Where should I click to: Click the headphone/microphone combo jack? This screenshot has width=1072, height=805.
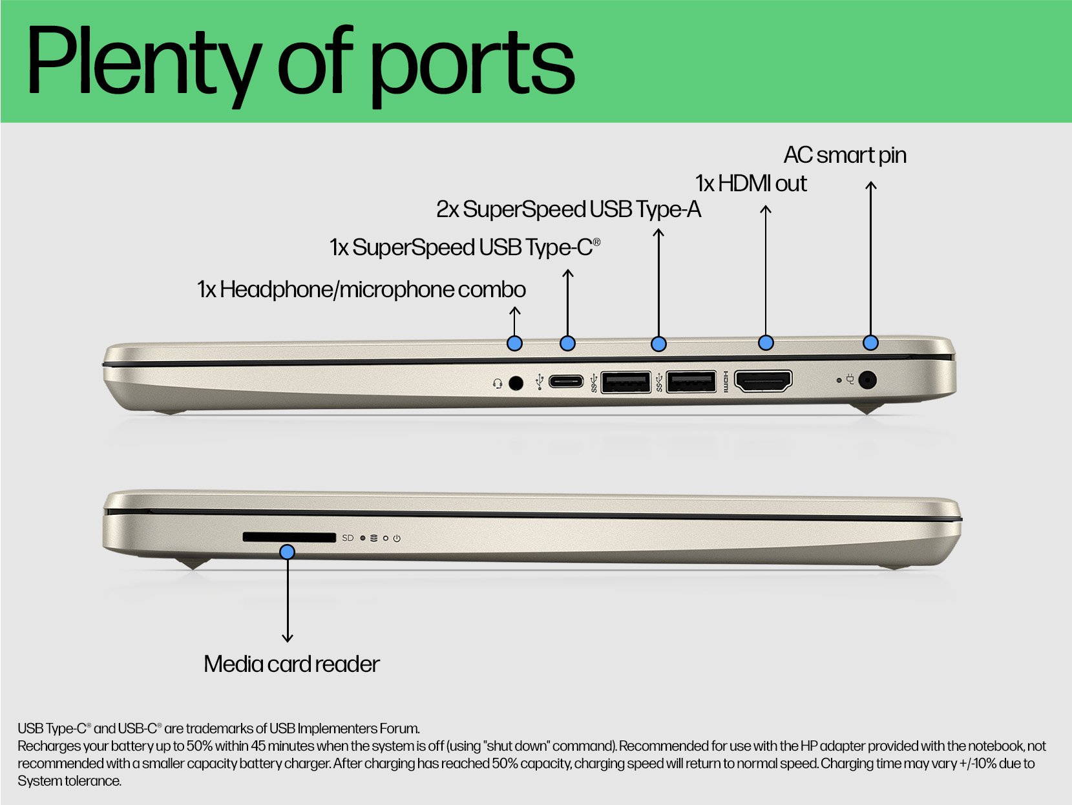point(516,382)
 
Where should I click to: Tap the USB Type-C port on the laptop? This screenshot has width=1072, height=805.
point(566,381)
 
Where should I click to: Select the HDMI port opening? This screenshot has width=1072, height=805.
point(763,381)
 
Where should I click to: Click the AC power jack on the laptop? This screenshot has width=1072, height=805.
point(867,380)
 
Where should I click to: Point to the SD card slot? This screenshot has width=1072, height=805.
point(289,537)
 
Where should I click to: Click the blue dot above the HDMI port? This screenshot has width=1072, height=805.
point(766,342)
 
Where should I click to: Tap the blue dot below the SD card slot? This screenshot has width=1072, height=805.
point(288,552)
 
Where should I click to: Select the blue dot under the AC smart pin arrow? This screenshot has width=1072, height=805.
point(871,342)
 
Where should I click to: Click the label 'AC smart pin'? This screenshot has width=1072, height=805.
point(845,155)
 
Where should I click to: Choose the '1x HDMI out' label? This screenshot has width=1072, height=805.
point(751,183)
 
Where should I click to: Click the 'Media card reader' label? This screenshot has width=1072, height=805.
point(291,664)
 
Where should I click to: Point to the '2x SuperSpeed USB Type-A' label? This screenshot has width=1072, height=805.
point(569,210)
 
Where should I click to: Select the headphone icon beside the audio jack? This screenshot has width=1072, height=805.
point(498,384)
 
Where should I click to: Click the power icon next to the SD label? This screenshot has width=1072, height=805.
point(397,538)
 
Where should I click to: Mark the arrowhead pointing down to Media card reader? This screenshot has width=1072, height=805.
point(288,638)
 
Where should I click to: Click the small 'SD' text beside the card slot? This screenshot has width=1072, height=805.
point(348,538)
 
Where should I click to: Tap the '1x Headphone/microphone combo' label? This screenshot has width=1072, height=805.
point(361,290)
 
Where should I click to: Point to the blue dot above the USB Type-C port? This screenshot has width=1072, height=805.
point(567,344)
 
